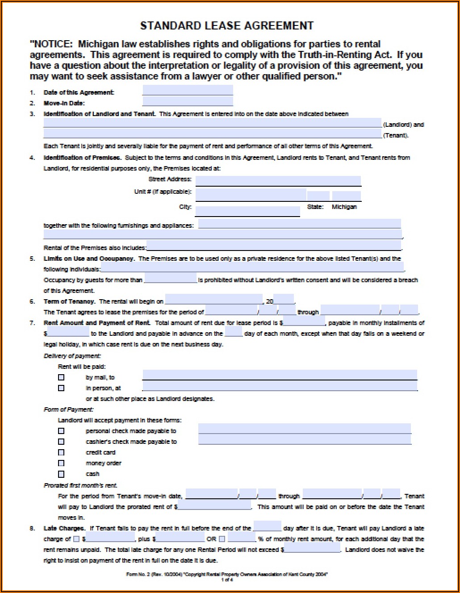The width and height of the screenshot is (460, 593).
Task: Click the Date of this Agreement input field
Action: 188,91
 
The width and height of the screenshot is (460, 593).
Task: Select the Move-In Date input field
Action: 188,102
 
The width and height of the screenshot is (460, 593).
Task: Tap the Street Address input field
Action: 278,180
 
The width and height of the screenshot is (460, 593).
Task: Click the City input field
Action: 247,211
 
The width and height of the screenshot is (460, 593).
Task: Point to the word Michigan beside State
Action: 344,207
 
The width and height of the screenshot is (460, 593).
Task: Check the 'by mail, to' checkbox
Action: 61,377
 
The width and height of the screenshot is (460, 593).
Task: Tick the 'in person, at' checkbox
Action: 61,388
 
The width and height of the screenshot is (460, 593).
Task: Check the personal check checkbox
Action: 61,431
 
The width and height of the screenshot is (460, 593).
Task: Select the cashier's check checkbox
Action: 61,442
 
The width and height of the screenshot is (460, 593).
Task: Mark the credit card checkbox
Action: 61,452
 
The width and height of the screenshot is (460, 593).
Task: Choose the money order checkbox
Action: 61,463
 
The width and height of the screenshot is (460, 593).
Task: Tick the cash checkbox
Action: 61,474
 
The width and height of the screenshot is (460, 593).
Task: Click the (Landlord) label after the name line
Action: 403,125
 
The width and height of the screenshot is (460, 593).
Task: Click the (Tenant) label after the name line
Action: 396,135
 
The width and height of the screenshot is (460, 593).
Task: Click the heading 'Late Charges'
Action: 64,528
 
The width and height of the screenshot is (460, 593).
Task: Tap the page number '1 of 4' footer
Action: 227,580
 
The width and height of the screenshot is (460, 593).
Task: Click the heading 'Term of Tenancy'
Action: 69,301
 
